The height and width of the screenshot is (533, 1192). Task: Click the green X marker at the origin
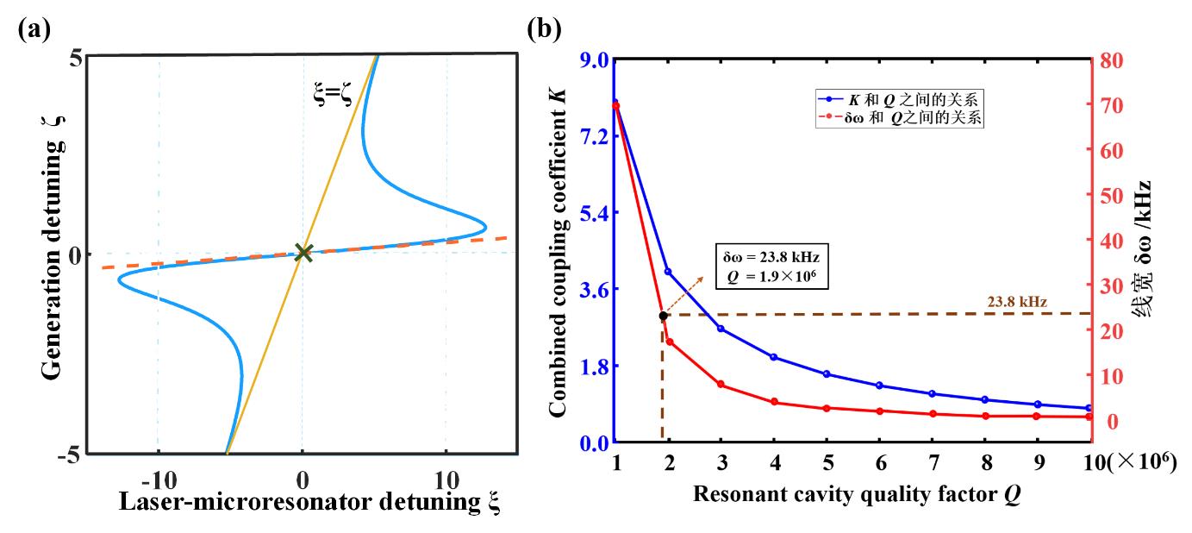click(x=303, y=253)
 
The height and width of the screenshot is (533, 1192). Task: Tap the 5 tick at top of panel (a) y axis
click(x=76, y=60)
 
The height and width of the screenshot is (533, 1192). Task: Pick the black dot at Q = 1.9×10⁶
click(x=663, y=316)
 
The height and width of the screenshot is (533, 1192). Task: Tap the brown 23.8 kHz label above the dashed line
click(x=1020, y=302)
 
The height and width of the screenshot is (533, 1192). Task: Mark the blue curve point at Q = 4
click(x=774, y=357)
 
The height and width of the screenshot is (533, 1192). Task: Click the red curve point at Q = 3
click(x=721, y=385)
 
